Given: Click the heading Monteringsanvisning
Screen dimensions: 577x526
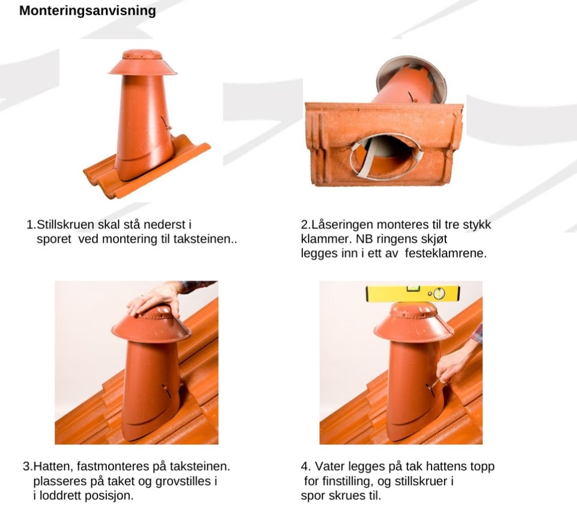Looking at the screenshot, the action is click(88, 11).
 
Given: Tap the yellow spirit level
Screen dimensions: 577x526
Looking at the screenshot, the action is click(412, 293).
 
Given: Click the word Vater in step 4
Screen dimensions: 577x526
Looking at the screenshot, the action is click(329, 466).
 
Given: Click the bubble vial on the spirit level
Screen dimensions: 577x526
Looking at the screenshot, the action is click(439, 293).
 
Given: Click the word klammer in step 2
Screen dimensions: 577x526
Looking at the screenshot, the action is click(326, 239).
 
